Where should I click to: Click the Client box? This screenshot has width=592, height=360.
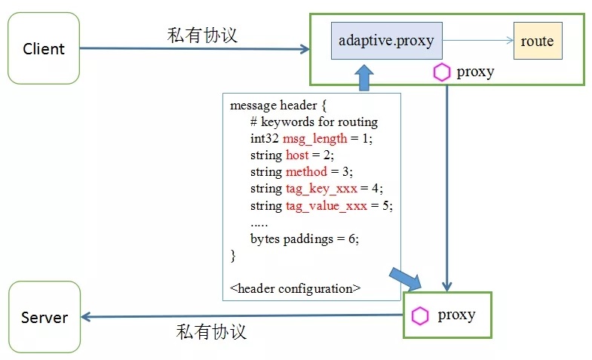(44, 49)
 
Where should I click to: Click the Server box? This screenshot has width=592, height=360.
(44, 317)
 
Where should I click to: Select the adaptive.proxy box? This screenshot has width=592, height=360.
(386, 41)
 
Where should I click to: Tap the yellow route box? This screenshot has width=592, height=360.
(537, 42)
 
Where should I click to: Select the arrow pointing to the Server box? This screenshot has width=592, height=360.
(241, 316)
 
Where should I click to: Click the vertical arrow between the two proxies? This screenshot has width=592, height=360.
(447, 189)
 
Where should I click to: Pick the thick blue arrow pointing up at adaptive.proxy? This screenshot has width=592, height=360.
(364, 78)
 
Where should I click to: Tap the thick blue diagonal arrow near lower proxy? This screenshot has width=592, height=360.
(405, 278)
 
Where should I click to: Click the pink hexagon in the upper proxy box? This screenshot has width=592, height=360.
(441, 72)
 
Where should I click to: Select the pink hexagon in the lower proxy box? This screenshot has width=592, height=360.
(420, 315)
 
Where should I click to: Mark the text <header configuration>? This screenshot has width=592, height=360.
(295, 288)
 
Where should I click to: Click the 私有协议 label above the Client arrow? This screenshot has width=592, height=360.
(202, 35)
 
